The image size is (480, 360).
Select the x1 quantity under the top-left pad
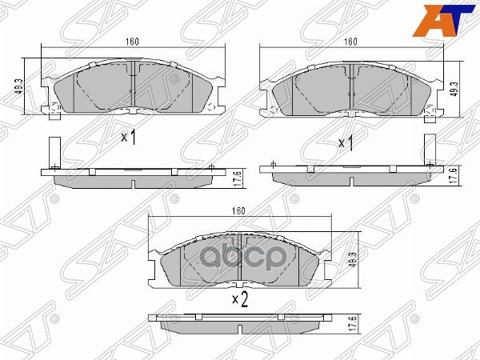(129, 137)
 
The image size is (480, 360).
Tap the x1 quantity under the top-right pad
(346, 143)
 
